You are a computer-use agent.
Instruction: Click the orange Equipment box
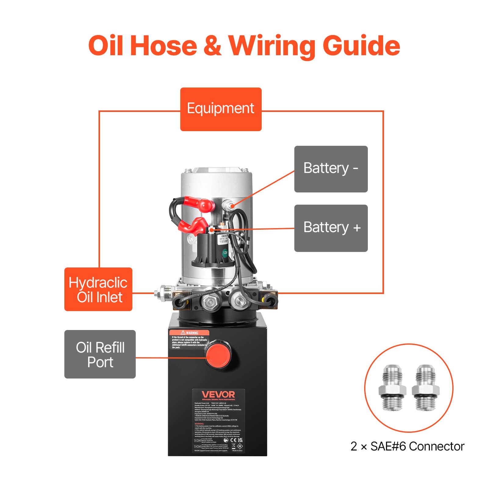221,109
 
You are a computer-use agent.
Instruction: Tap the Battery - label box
331,169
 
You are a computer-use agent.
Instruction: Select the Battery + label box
331,228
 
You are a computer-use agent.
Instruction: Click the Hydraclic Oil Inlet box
98,289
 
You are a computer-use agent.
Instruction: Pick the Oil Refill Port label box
100,354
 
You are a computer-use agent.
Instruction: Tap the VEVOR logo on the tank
218,395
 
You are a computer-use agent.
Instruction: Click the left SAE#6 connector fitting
392,387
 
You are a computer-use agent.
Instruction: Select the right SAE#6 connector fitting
425,387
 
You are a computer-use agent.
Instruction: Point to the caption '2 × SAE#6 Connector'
407,447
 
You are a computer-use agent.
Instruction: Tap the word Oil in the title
106,46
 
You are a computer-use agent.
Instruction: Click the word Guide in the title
361,46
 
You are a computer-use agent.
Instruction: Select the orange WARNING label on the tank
189,333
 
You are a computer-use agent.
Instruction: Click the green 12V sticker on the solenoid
225,253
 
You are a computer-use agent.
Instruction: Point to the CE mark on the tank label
233,440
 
